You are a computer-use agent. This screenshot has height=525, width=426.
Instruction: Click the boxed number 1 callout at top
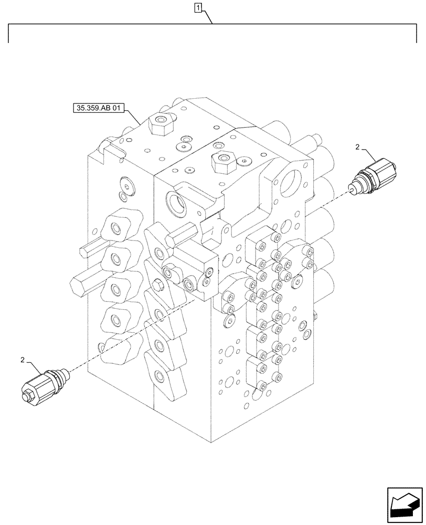click(197, 7)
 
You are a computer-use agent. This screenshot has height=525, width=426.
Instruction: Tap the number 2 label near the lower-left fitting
click(23, 360)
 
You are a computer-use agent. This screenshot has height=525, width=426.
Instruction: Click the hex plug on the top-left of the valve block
click(158, 125)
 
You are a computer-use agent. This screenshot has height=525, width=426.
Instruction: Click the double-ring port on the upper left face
click(126, 184)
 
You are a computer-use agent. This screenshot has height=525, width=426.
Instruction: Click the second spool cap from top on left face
click(119, 257)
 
